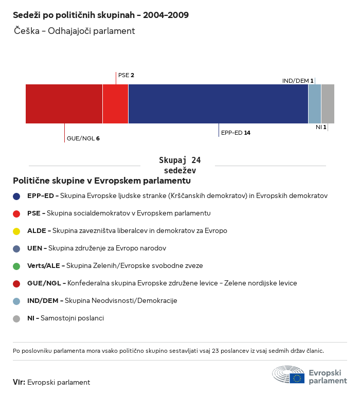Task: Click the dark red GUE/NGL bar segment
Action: (64, 104)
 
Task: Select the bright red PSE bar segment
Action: (115, 104)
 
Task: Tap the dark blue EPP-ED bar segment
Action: (218, 104)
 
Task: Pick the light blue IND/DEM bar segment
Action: (314, 104)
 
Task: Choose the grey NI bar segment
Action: (328, 104)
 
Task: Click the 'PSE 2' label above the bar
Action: (126, 76)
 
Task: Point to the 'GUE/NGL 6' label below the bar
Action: (83, 138)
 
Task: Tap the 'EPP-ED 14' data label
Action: (236, 133)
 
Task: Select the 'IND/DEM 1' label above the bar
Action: (298, 81)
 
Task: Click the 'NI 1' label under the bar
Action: (321, 127)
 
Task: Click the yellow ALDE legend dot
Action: (16, 231)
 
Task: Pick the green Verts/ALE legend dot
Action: (16, 266)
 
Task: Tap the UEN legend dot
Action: (16, 248)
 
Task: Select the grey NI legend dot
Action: (16, 318)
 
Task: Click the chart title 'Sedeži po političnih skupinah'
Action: (100, 15)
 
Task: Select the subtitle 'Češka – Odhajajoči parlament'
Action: (75, 31)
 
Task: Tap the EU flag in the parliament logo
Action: (297, 378)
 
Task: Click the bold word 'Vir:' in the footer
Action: (19, 382)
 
